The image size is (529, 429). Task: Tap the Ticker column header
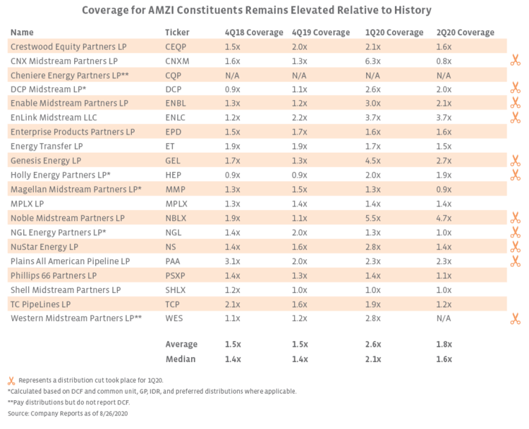point(176,32)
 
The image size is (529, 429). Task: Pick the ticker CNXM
point(177,61)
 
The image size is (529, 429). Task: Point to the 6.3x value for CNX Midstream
point(373,61)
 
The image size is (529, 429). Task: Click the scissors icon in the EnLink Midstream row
point(516,118)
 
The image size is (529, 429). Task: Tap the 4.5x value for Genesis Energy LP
point(373,161)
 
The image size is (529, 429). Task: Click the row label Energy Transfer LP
point(46,146)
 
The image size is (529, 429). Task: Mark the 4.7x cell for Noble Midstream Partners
point(444,218)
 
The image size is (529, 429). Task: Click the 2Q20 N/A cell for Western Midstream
point(445,318)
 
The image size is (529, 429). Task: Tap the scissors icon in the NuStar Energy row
point(516,247)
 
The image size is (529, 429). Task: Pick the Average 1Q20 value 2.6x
point(374,344)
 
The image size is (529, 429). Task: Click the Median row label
point(181,359)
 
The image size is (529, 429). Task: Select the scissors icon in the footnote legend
point(11,380)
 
